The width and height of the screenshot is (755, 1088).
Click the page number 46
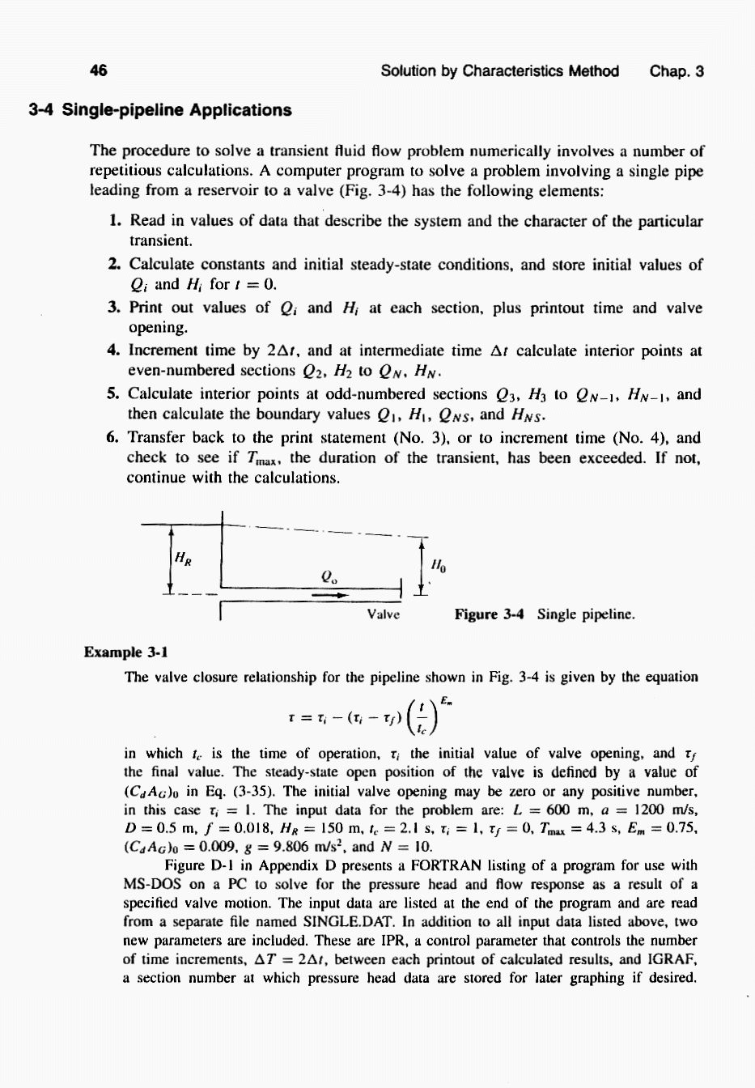pyautogui.click(x=99, y=70)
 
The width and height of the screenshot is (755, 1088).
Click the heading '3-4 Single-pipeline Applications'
pyautogui.click(x=159, y=110)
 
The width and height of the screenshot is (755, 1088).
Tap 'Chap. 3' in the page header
pyautogui.click(x=677, y=71)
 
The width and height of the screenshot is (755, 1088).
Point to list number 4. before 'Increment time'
pyautogui.click(x=114, y=351)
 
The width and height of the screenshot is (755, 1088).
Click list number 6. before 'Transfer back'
pyautogui.click(x=114, y=438)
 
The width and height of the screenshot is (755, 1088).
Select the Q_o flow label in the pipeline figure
pyautogui.click(x=328, y=576)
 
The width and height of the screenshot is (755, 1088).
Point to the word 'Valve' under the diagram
pyautogui.click(x=383, y=614)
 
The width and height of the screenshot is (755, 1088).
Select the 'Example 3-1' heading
pyautogui.click(x=125, y=652)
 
